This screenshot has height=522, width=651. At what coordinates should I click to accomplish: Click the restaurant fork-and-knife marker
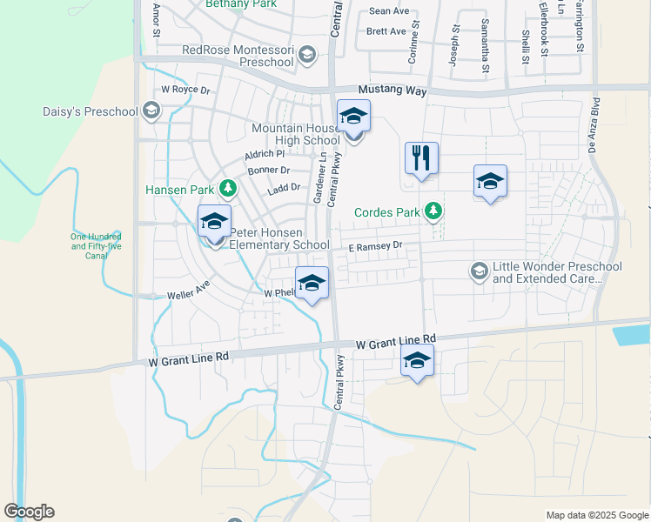[x=421, y=159]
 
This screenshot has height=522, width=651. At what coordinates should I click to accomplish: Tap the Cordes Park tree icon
[x=433, y=211]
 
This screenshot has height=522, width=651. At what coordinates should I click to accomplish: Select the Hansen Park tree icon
[x=228, y=188]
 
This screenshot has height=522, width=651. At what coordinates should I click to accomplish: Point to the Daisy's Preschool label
[x=91, y=111]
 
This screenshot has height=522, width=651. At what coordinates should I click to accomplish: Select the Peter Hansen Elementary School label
[x=279, y=239]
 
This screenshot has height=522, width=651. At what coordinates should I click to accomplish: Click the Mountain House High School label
[x=296, y=134]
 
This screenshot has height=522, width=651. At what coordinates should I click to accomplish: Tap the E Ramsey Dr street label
[x=375, y=246]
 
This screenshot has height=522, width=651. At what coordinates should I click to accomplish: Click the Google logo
[x=29, y=512]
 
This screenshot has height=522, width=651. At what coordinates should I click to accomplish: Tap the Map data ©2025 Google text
[x=596, y=515]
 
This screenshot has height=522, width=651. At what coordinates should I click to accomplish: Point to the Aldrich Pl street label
[x=265, y=154]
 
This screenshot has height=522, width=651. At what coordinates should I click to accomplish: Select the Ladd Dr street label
[x=284, y=187]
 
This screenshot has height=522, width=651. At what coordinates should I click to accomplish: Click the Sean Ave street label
[x=389, y=11]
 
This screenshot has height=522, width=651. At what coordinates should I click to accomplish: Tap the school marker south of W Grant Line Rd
[x=417, y=362]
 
